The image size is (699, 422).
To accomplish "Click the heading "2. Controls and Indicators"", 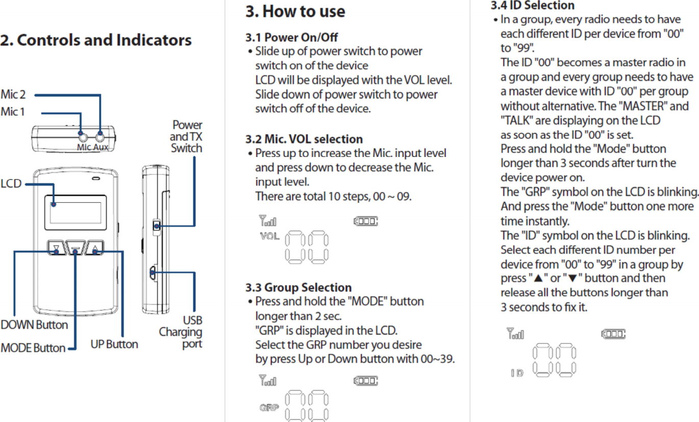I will pyautogui.click(x=96, y=40).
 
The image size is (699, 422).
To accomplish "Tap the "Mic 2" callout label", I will pyautogui.click(x=13, y=94).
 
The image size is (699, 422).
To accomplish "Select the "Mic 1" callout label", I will pyautogui.click(x=13, y=111).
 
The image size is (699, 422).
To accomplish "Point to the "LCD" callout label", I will pyautogui.click(x=11, y=183).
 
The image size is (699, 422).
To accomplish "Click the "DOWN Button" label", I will pyautogui.click(x=34, y=325).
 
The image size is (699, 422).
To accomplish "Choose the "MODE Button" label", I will pyautogui.click(x=33, y=348).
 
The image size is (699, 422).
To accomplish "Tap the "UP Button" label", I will pyautogui.click(x=114, y=344).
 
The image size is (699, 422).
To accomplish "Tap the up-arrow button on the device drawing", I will pyautogui.click(x=95, y=249).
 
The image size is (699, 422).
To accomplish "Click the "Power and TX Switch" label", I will pyautogui.click(x=186, y=137).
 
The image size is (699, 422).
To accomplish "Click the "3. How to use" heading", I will pyautogui.click(x=295, y=11).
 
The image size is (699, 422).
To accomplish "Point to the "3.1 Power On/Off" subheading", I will pyautogui.click(x=291, y=38).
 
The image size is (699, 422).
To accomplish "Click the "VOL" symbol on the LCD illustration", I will pyautogui.click(x=269, y=236).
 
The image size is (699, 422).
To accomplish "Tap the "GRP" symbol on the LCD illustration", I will pyautogui.click(x=269, y=408).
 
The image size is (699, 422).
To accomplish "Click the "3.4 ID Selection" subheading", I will pyautogui.click(x=532, y=6).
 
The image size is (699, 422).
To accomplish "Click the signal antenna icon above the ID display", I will pyautogui.click(x=514, y=334).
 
